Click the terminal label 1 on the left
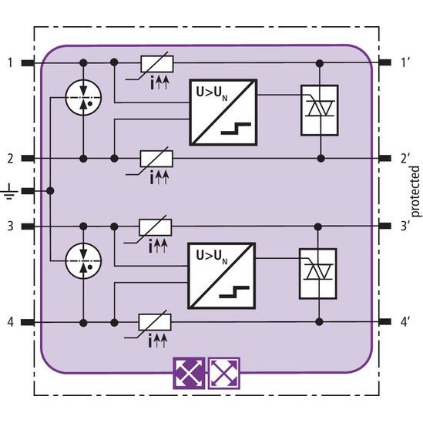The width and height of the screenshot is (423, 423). point(10,63)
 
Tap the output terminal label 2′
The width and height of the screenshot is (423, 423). point(405,159)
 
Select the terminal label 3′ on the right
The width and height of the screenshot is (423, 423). point(405,226)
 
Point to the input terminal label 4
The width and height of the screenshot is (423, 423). point(10,322)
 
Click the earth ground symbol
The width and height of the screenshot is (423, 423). point(10,192)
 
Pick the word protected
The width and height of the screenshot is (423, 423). point(415,192)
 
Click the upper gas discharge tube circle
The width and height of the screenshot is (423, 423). point(84,97)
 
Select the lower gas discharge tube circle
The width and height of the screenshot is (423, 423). point(84,261)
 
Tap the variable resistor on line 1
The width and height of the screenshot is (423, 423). point(157,64)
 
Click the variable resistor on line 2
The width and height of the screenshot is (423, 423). point(156,159)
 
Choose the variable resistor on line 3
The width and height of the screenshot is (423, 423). point(155,227)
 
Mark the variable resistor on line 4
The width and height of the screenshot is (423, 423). point(155,322)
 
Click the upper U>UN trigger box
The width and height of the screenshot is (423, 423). point(223,112)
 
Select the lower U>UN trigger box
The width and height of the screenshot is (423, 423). point(221,276)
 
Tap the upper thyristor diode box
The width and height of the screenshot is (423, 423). point(320,110)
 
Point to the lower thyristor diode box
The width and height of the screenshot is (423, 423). point(318,274)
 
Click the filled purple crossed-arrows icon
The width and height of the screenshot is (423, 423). point(189,374)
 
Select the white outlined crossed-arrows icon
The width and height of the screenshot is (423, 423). point(224,374)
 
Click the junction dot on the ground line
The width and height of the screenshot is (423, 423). point(50,191)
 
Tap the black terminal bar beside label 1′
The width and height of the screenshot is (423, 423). point(385,63)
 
